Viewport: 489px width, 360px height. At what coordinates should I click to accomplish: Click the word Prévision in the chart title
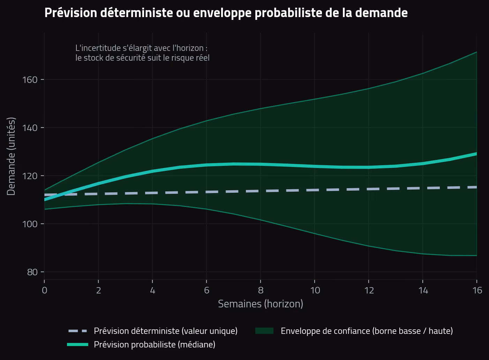click(x=71, y=13)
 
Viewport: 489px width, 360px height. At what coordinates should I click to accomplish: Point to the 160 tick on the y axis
click(x=30, y=80)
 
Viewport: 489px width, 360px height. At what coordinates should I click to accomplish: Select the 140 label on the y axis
click(x=30, y=128)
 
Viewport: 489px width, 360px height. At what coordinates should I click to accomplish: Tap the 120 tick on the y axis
click(x=30, y=176)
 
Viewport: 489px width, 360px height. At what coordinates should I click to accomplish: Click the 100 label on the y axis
click(x=30, y=224)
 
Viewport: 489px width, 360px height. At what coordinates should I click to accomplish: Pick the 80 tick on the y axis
click(x=32, y=272)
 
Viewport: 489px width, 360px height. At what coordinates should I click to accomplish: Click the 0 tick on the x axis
click(x=45, y=290)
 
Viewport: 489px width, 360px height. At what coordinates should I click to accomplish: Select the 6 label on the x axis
click(x=206, y=290)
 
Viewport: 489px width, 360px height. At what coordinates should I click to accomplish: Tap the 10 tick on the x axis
click(x=315, y=290)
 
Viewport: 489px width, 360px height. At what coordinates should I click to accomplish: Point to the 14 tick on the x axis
click(x=423, y=290)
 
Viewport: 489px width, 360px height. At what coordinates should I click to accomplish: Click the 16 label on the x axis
click(x=477, y=290)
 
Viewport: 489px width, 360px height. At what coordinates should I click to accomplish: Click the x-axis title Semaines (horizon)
click(x=261, y=304)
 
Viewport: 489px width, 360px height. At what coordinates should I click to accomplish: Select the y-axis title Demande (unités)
click(x=11, y=156)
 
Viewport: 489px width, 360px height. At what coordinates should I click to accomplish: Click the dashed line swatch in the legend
click(x=78, y=331)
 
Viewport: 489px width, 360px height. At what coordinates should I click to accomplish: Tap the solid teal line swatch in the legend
click(x=78, y=345)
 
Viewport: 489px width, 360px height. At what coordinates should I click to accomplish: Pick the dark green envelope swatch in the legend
click(x=264, y=331)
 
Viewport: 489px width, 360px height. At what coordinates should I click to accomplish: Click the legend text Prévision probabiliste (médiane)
click(x=155, y=345)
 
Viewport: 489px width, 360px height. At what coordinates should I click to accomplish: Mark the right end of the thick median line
click(x=476, y=154)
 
